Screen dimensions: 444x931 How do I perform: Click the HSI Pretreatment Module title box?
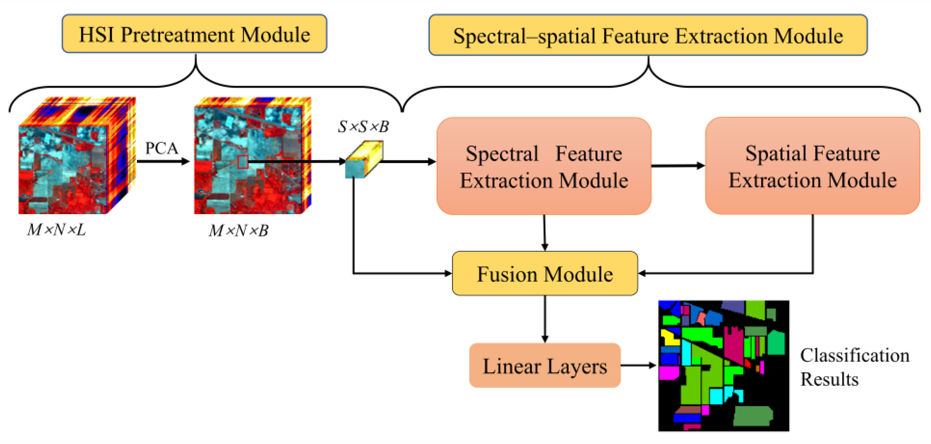tap(194, 34)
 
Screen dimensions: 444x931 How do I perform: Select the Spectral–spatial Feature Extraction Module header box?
tap(648, 35)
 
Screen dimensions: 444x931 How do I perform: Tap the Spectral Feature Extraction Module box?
tap(544, 166)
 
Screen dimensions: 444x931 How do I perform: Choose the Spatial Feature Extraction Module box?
tap(812, 166)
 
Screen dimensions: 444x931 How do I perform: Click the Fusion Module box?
tap(545, 273)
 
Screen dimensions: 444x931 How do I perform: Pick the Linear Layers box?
tap(545, 366)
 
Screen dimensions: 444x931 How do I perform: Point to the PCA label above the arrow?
tap(162, 148)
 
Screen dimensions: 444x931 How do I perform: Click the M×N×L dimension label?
tap(56, 230)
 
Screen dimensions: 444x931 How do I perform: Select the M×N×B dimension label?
tap(239, 230)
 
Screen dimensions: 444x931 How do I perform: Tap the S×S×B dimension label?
tap(363, 127)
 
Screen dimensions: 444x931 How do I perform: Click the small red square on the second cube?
tap(243, 162)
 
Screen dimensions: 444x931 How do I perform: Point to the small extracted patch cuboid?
tap(363, 160)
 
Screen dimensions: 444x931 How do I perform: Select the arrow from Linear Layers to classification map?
tap(638, 366)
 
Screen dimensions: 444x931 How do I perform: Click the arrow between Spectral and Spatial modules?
tap(678, 166)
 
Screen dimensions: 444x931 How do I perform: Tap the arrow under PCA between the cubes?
tap(163, 161)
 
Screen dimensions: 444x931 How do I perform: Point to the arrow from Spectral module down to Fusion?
tap(544, 233)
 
